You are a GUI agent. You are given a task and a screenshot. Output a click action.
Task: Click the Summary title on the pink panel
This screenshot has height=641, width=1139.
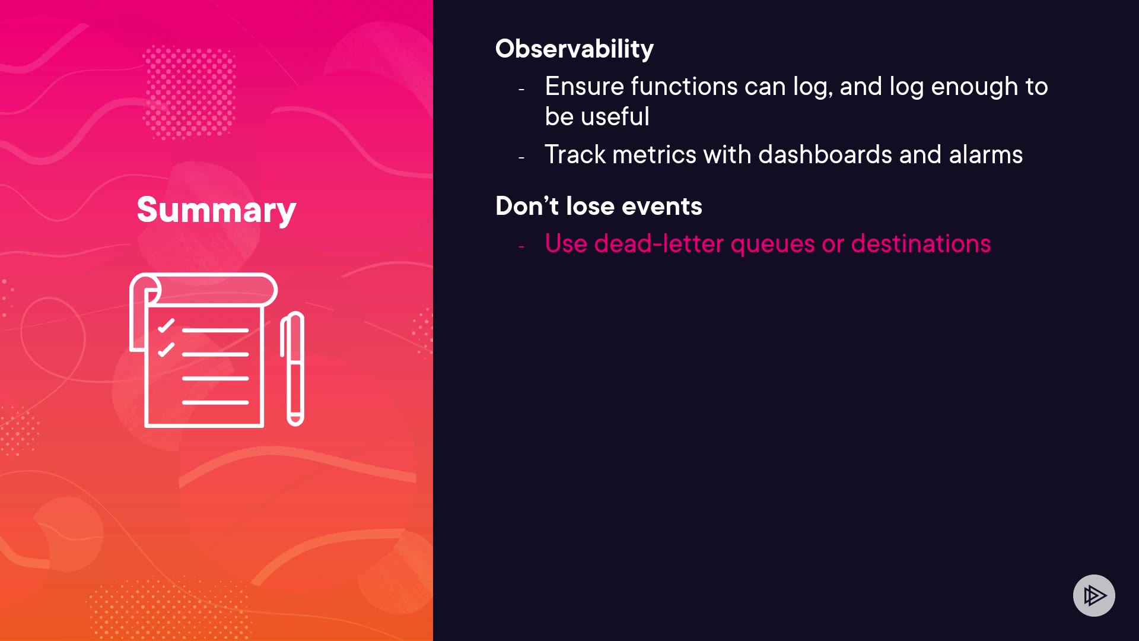tap(217, 210)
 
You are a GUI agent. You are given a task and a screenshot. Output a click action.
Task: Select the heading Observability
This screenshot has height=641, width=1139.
tap(574, 49)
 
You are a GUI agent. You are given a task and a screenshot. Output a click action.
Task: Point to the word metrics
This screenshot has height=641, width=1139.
tap(654, 155)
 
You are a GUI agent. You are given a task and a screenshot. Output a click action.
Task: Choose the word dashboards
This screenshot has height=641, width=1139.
tap(825, 155)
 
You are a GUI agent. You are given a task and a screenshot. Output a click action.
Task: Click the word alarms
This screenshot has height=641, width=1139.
tap(986, 155)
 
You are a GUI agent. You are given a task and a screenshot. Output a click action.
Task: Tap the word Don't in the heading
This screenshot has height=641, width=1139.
tap(527, 206)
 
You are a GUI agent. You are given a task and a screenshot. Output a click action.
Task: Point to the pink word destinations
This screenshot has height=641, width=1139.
tap(921, 243)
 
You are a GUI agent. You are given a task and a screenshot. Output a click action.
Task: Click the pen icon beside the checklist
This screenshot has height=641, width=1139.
tap(292, 369)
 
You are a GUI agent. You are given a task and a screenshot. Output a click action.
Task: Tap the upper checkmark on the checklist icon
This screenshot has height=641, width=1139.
tap(166, 326)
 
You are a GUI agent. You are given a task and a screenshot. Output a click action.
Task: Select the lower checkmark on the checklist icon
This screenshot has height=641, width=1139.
tap(166, 350)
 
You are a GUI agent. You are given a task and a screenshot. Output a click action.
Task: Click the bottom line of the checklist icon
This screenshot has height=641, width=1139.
tap(215, 402)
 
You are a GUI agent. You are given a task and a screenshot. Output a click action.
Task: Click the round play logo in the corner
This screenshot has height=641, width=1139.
tap(1094, 595)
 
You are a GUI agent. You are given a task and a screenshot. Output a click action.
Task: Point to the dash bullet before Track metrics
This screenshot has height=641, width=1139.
tap(521, 158)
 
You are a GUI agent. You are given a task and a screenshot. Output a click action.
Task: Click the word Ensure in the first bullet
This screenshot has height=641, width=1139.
tap(584, 87)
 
